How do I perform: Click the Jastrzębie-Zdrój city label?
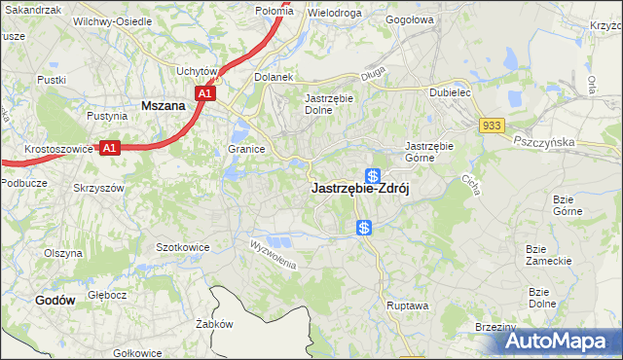point(359,191)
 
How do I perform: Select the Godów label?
point(55,301)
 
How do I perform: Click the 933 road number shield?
point(491,126)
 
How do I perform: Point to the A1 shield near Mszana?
point(204,93)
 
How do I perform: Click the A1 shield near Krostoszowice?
point(111,148)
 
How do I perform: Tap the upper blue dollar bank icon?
point(372,175)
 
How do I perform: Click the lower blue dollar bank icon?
point(363,228)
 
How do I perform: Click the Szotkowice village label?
point(183,247)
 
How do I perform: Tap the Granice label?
point(247,150)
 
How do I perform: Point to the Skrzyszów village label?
point(99,187)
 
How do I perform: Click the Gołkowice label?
point(136,353)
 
